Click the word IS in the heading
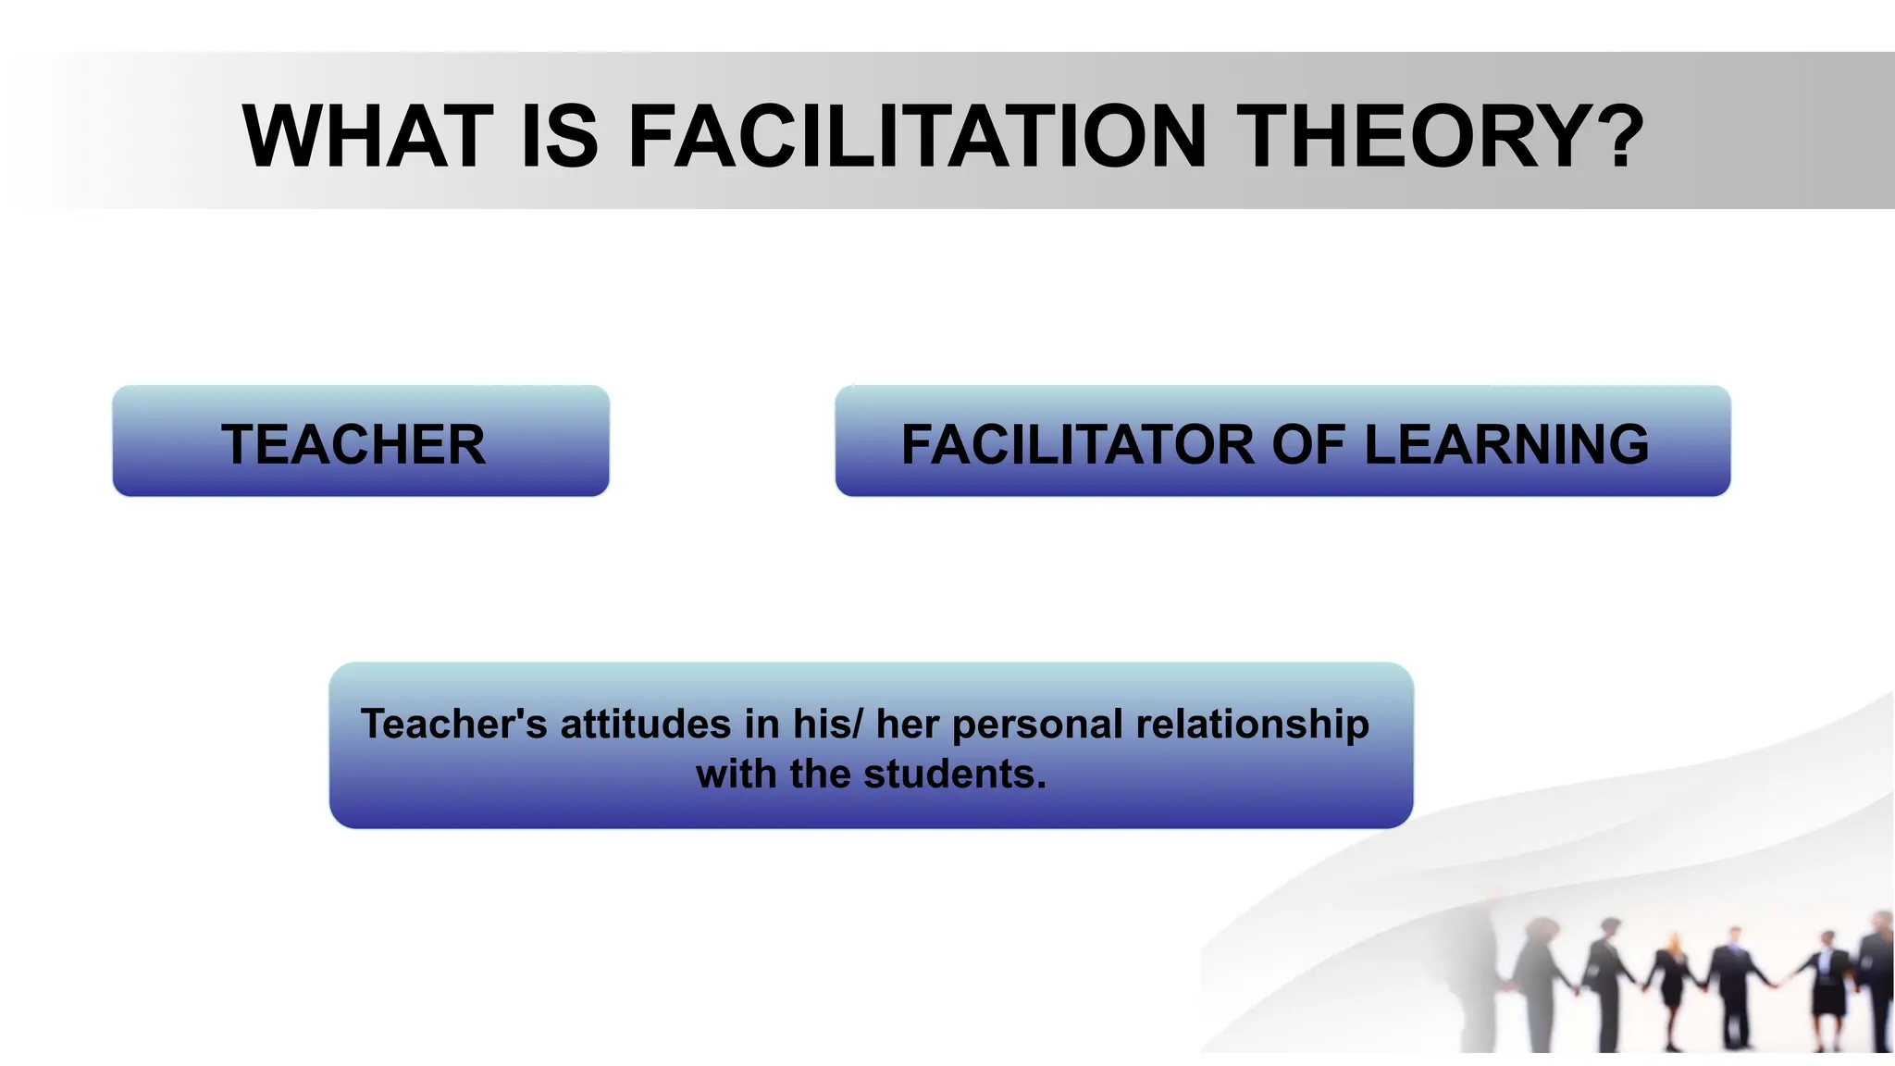coord(560,137)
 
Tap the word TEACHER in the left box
coord(353,444)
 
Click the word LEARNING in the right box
coord(1506,444)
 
